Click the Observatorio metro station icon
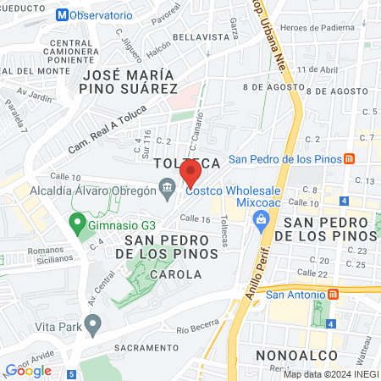60,15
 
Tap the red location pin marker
190,173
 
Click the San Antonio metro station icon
334,295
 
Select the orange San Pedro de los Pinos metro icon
350,158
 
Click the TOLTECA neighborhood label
188,162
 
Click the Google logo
28,370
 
